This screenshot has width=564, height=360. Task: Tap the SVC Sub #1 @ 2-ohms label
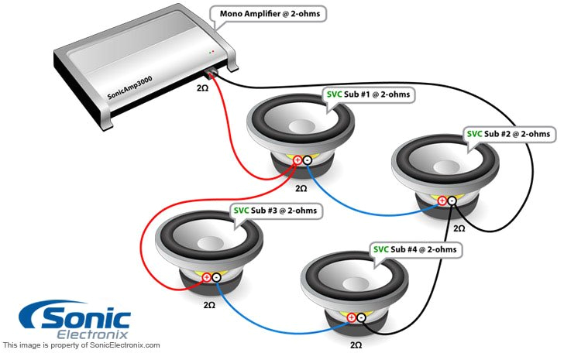(x=367, y=94)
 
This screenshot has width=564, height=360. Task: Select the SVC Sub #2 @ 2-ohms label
(x=508, y=133)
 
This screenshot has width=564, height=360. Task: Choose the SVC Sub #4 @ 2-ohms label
(x=416, y=249)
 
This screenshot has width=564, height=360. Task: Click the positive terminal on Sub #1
(x=296, y=160)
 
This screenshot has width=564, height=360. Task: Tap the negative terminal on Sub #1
(x=307, y=160)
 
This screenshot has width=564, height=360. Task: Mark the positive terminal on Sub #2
(x=442, y=201)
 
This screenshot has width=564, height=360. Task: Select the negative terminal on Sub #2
(x=452, y=201)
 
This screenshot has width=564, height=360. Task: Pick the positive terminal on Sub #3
(x=205, y=277)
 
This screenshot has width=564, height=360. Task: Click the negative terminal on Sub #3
(x=216, y=277)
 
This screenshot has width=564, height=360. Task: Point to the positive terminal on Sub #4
(x=351, y=317)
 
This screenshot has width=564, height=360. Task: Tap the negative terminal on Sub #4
(x=362, y=317)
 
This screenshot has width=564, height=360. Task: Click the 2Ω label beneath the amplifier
(x=201, y=89)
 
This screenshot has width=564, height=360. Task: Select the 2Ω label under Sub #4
(x=356, y=344)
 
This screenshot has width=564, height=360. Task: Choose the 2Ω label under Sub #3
(x=210, y=305)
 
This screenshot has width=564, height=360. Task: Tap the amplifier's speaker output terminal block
(x=211, y=74)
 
